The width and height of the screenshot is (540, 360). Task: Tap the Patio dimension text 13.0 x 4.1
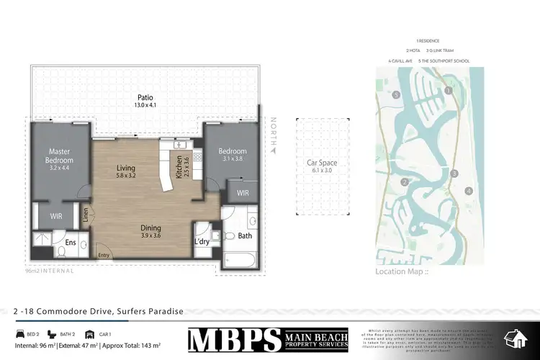[x=145, y=105]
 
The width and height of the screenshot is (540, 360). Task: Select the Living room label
[x=126, y=170]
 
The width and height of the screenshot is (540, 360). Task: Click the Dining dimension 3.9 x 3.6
[x=150, y=234]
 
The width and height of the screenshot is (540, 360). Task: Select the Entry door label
[x=104, y=255]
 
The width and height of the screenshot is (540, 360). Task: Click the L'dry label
[x=202, y=242]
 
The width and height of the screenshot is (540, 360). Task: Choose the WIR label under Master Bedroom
[x=56, y=215]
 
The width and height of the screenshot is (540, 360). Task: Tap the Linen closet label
[x=85, y=215]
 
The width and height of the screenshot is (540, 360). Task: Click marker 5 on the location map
[x=395, y=94]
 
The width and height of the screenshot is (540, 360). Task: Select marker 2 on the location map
[x=405, y=182]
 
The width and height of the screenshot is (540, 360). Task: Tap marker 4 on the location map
[x=469, y=191]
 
